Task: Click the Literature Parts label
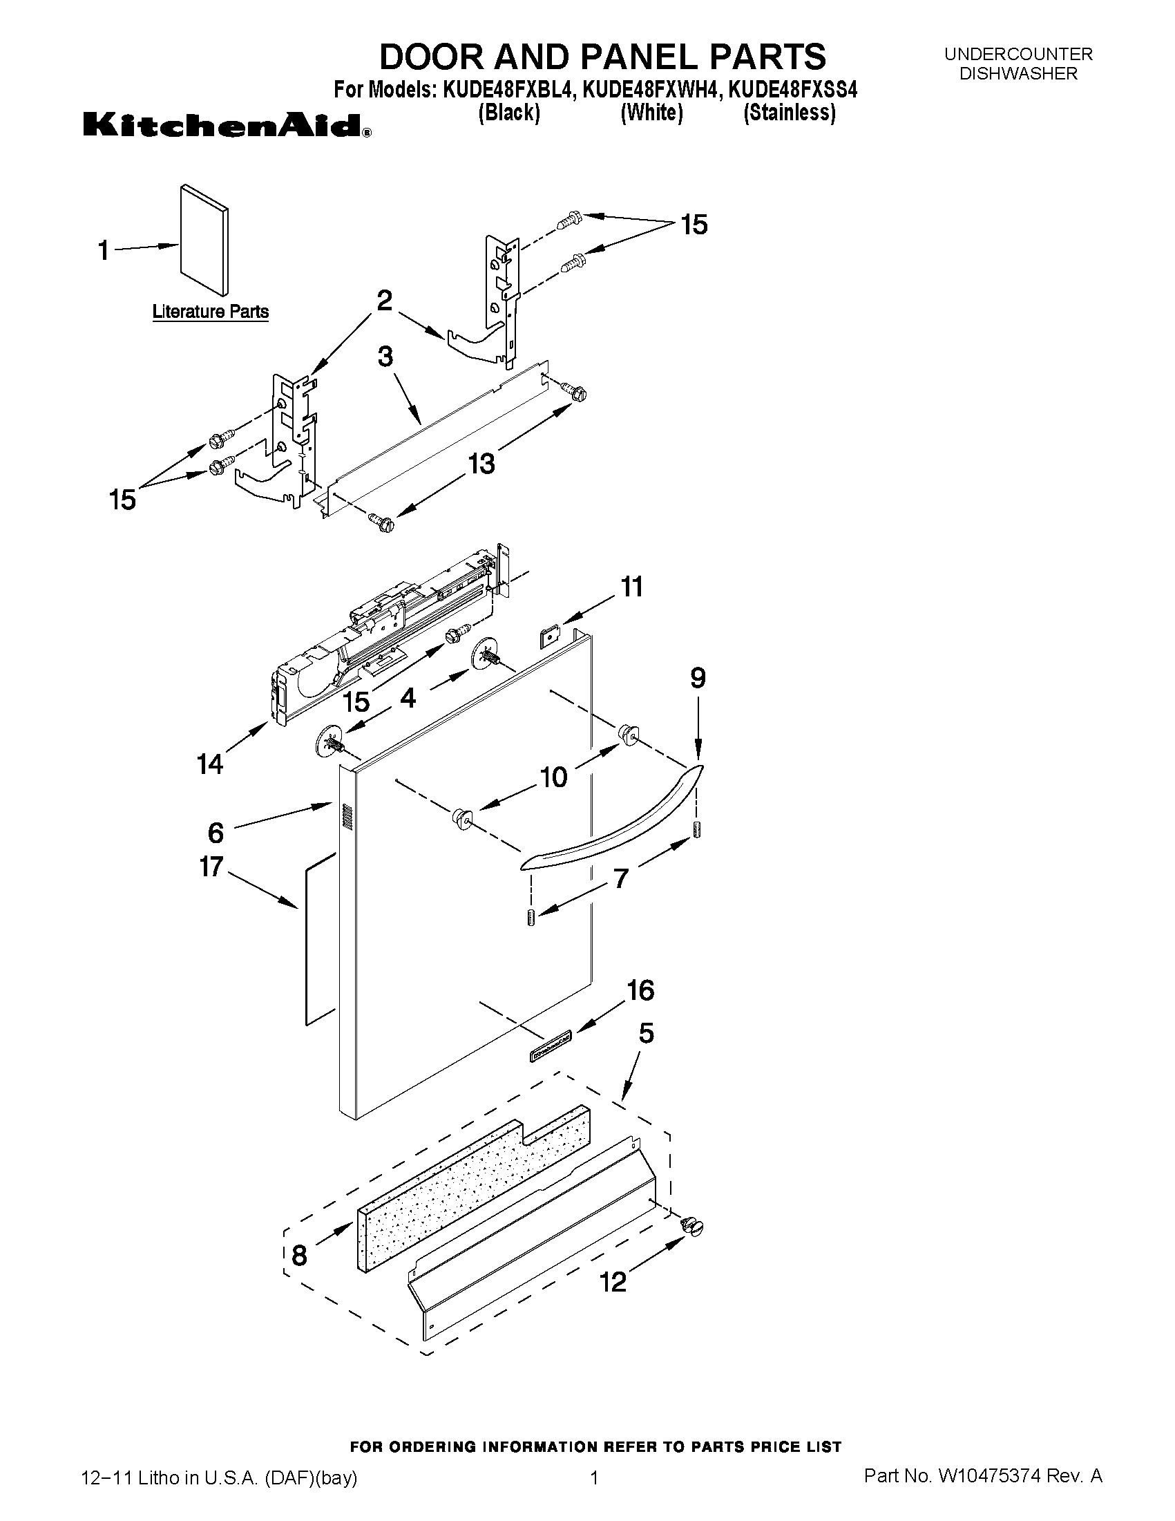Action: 210,311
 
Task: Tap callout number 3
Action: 385,357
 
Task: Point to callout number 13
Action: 481,462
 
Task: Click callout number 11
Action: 631,587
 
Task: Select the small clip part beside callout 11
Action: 551,636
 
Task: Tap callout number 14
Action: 209,764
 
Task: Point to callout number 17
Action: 211,867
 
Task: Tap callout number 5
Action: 646,1034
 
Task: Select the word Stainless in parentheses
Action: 790,112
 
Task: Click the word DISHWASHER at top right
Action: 1018,73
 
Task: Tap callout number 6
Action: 216,831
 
